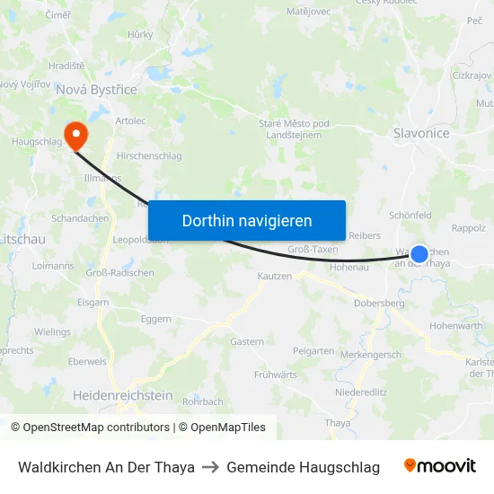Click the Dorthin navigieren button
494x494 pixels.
coord(247,220)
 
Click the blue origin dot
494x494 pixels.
coord(419,255)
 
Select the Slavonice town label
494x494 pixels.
coord(420,133)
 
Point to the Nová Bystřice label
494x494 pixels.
coord(96,90)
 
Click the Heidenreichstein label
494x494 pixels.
coord(122,395)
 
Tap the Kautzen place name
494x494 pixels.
coord(275,276)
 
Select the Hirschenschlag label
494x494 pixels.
coord(149,155)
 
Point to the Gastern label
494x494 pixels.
coord(247,341)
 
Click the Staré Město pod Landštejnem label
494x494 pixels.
coord(281,128)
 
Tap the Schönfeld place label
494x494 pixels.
coord(410,216)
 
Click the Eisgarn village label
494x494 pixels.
coord(93,302)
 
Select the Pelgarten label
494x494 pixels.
coord(313,350)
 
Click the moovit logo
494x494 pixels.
coord(440,466)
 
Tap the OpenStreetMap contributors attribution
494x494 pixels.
coord(90,428)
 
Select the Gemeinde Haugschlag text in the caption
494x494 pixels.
coord(303,467)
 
